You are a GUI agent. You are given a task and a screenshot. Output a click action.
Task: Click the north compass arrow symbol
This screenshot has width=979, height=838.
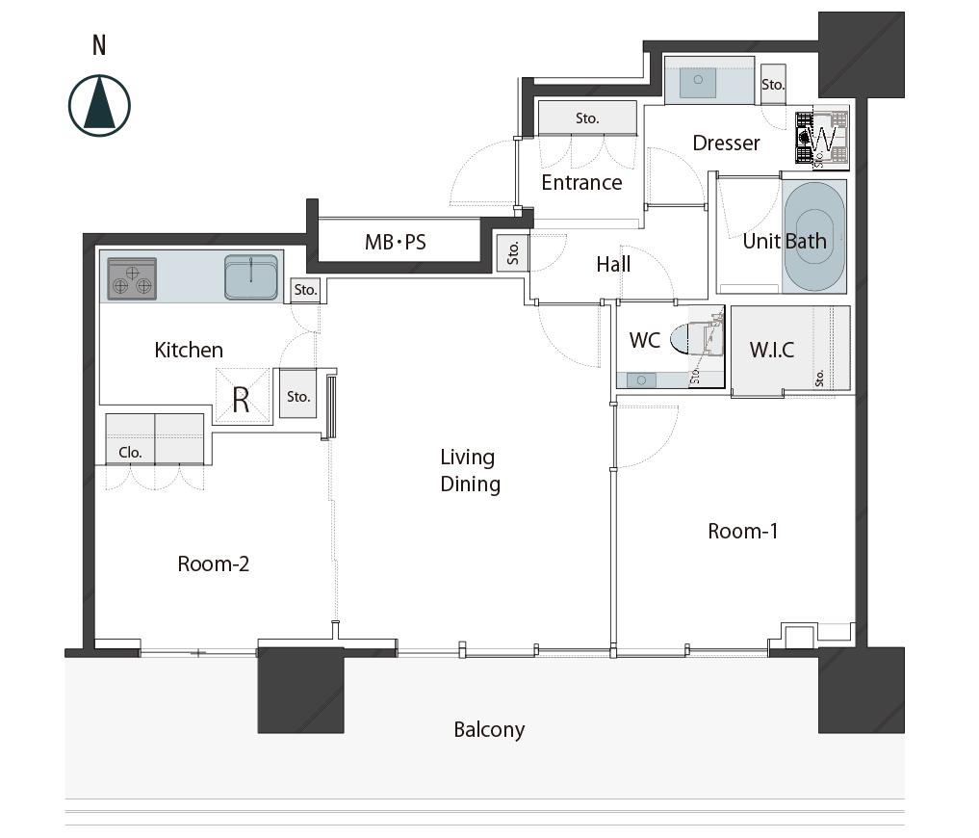99,105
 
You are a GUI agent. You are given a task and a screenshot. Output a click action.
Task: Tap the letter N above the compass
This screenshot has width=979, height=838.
99,45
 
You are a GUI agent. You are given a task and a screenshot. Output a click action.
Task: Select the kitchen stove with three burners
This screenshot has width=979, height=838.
132,279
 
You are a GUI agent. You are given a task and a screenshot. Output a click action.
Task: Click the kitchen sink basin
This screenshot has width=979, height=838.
251,276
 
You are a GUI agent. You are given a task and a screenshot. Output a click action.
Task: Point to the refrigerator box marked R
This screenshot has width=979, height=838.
243,395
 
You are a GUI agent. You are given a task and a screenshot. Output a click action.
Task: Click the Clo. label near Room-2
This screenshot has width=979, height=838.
131,453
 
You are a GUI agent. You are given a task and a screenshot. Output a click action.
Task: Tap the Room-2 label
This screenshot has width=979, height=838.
214,563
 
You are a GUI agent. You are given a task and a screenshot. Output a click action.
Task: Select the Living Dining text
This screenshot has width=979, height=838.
470,471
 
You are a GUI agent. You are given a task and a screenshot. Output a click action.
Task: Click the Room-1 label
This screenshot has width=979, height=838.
743,531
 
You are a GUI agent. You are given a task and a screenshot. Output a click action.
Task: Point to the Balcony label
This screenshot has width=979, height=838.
489,730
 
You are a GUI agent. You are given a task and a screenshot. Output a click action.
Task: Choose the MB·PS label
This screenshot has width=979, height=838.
396,242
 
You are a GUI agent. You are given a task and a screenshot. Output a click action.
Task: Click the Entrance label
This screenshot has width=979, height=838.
581,182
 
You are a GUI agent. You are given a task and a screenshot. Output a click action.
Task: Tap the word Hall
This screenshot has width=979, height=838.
613,264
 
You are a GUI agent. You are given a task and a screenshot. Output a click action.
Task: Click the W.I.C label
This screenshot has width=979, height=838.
772,350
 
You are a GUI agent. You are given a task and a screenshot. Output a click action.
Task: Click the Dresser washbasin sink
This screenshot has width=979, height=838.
698,82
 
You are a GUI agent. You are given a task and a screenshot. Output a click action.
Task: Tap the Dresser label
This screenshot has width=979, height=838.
726,144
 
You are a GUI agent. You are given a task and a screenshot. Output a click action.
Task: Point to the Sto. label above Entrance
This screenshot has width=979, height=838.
587,118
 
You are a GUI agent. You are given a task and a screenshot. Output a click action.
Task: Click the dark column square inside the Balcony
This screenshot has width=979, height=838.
301,690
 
